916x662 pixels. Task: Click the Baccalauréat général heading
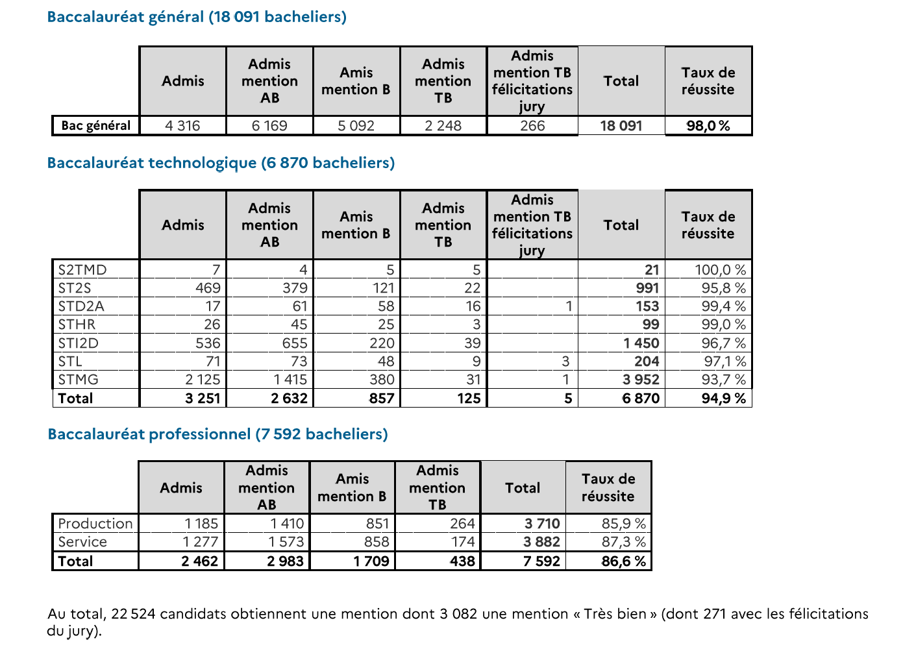[x=197, y=17]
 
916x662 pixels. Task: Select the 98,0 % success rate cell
[x=708, y=125]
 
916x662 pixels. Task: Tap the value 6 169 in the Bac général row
[x=269, y=125]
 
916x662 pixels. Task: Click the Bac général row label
[x=95, y=125]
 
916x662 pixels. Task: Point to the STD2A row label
[x=81, y=306]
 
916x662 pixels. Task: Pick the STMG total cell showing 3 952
[x=641, y=380]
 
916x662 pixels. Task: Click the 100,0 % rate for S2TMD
[x=720, y=270]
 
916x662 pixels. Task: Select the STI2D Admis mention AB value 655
[x=295, y=343]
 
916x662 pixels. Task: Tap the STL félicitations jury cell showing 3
[x=565, y=362]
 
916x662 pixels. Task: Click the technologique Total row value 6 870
[x=641, y=398]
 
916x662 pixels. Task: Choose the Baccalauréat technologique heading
[x=221, y=163]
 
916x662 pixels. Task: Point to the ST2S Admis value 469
[x=208, y=288]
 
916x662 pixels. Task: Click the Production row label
[x=95, y=523]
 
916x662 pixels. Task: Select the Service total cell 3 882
[x=541, y=542]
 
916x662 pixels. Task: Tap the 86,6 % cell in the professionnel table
[x=624, y=561]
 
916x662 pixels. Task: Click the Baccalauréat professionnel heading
[x=217, y=434]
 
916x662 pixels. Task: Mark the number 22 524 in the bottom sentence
[x=133, y=614]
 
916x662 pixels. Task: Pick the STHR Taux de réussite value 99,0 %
[x=724, y=325]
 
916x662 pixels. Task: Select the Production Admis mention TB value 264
[x=462, y=523]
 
